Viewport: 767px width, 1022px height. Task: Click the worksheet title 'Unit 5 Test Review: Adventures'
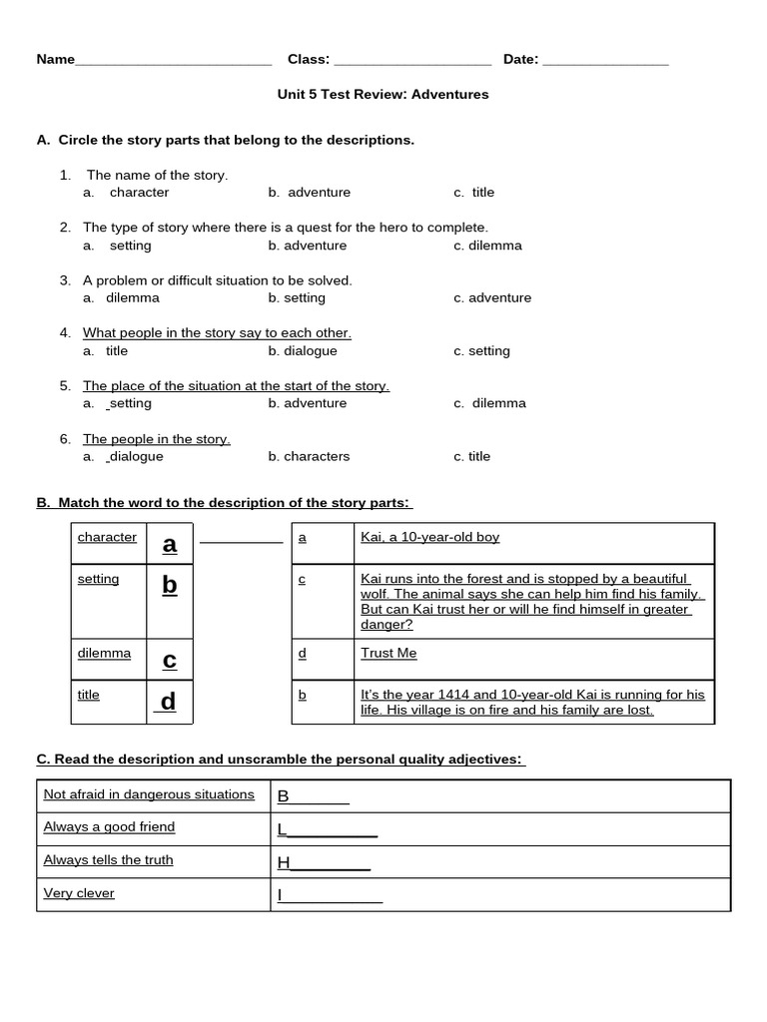click(x=383, y=95)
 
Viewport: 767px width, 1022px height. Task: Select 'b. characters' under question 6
click(x=309, y=457)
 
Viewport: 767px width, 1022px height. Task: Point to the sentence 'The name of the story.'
click(x=157, y=176)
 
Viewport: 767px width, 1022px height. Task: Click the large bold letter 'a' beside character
click(x=170, y=544)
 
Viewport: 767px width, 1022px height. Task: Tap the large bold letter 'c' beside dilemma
click(x=170, y=660)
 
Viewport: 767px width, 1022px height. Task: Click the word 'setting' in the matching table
click(x=98, y=580)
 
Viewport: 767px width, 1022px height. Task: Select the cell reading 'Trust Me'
click(x=388, y=654)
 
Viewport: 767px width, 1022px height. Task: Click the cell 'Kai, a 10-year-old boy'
click(x=429, y=538)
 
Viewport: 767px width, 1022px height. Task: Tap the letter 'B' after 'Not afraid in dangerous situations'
click(x=283, y=796)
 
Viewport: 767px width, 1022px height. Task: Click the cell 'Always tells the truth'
click(x=108, y=860)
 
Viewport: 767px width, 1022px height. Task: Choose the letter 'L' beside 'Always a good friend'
click(x=282, y=829)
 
